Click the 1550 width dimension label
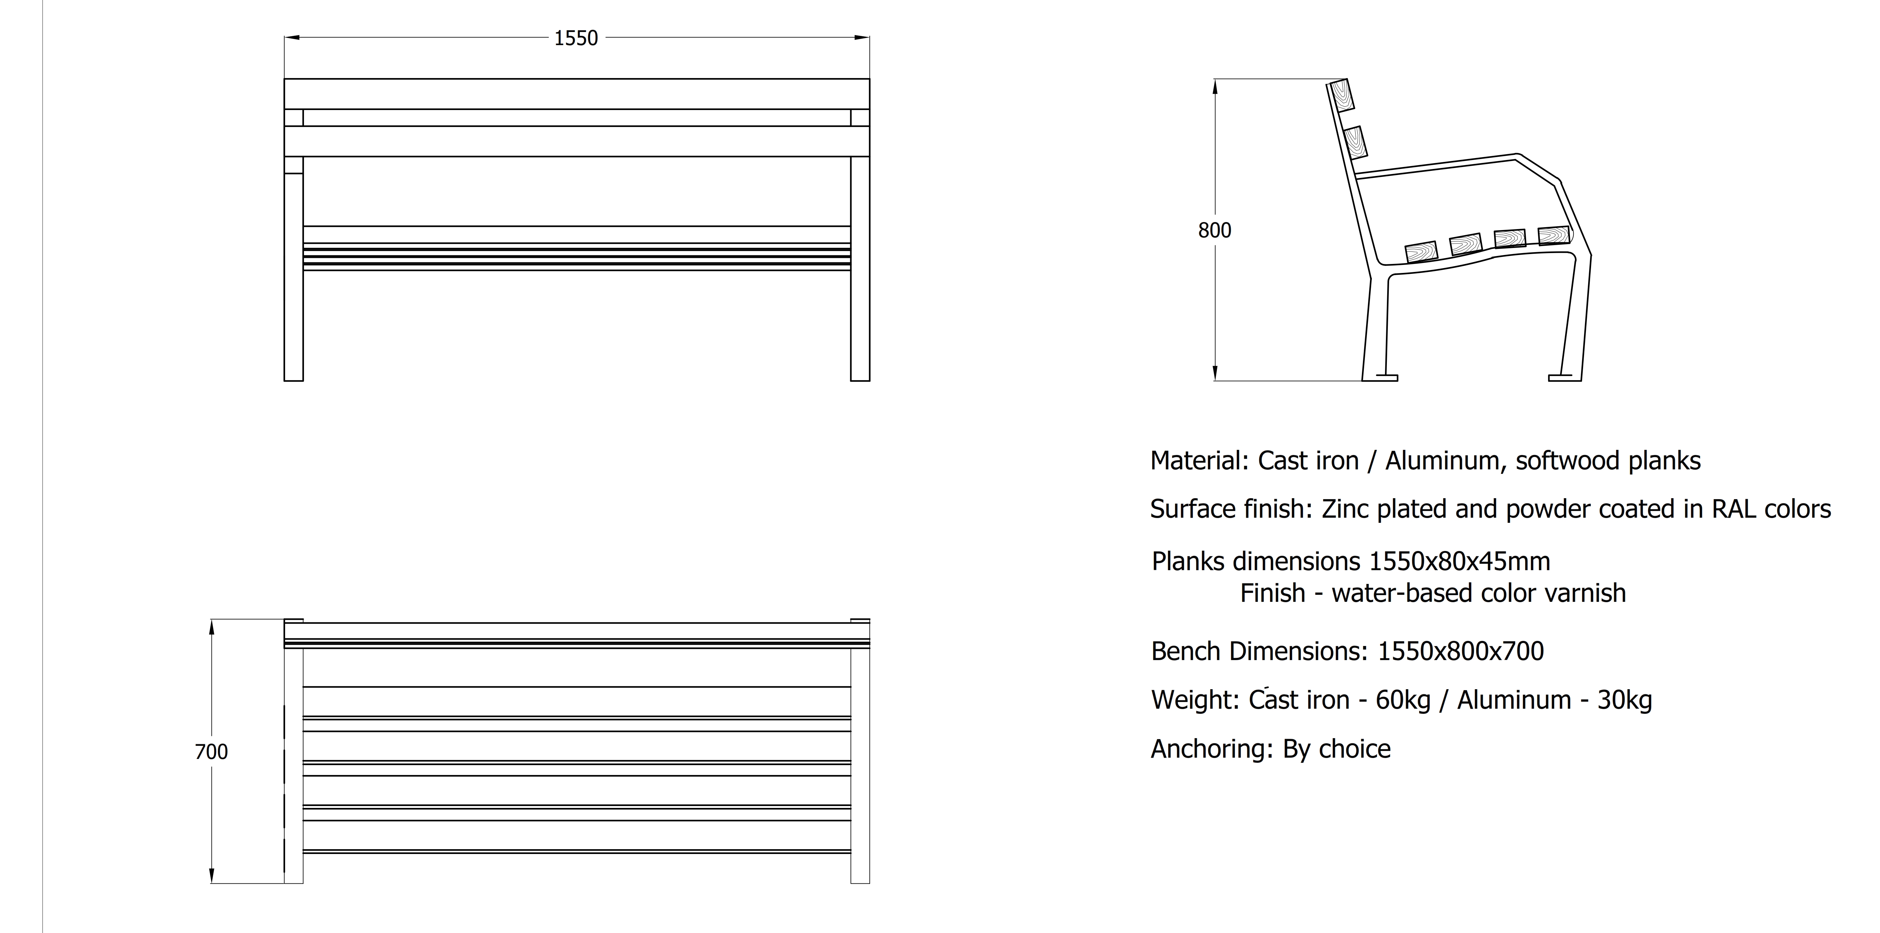[x=576, y=38]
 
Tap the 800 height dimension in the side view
[x=1214, y=230]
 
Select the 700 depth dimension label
[x=212, y=751]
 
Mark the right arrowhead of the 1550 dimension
[x=863, y=37]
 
